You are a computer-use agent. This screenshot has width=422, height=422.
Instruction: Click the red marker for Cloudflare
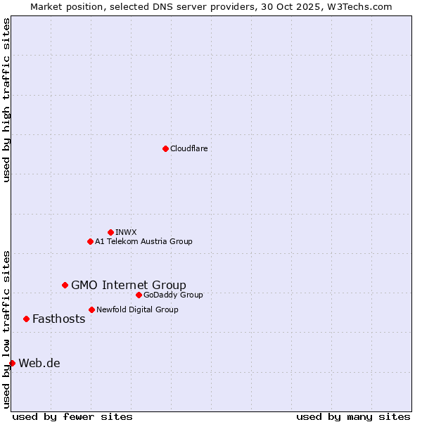coord(165,148)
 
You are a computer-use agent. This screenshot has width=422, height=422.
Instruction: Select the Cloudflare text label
coord(188,148)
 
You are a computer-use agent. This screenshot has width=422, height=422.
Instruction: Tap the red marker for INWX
coord(110,232)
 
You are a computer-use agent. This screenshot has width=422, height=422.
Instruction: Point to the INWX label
coord(126,232)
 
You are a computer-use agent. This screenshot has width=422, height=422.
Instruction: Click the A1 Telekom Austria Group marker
coord(90,241)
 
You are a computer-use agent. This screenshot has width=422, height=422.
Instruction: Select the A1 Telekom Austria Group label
coord(143,241)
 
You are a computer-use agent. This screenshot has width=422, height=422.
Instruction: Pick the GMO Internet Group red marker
coord(65,285)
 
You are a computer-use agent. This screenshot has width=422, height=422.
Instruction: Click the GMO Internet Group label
coord(129,285)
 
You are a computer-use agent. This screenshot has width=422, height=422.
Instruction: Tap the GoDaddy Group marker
coord(139,295)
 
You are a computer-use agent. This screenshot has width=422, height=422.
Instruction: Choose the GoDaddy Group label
coord(173,295)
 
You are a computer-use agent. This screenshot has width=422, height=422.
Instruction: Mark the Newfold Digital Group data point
coord(91,309)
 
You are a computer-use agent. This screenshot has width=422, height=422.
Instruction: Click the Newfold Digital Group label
coord(137,309)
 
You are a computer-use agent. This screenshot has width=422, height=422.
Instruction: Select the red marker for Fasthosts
coord(26,319)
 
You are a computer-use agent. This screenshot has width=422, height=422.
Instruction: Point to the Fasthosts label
coord(58,319)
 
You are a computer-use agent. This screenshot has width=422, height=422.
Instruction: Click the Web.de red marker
coord(12,363)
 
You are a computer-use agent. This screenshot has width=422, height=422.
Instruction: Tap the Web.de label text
coord(39,363)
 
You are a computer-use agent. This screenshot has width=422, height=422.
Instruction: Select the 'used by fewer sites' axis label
coord(72,416)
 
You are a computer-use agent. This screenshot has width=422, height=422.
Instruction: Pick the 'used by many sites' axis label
coord(353,416)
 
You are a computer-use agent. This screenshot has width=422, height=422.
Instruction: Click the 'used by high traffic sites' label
coord(6,100)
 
